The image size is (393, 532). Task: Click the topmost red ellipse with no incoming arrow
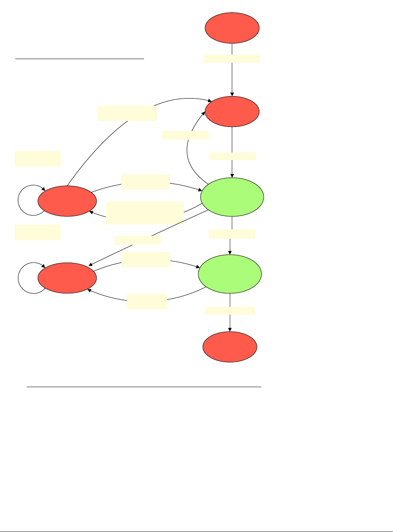click(x=232, y=28)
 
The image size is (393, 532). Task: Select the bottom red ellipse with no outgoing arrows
click(x=230, y=347)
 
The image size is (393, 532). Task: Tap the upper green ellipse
click(x=232, y=197)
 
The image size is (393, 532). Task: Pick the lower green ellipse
click(x=230, y=274)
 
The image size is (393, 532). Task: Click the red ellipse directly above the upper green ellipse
click(x=232, y=111)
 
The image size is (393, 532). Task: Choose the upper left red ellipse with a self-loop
click(x=67, y=201)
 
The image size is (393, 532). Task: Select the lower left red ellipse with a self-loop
click(x=67, y=278)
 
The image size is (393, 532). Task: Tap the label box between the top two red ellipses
click(x=232, y=59)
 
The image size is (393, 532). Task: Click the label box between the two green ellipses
click(x=232, y=234)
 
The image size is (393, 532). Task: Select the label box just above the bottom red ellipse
click(x=230, y=310)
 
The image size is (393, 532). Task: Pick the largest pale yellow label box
click(x=145, y=213)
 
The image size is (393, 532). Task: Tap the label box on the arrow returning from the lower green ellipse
click(x=147, y=301)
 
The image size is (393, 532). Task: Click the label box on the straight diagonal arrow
click(x=138, y=240)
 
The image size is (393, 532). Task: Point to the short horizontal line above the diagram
click(x=79, y=59)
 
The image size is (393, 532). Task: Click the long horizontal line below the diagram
click(x=144, y=387)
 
